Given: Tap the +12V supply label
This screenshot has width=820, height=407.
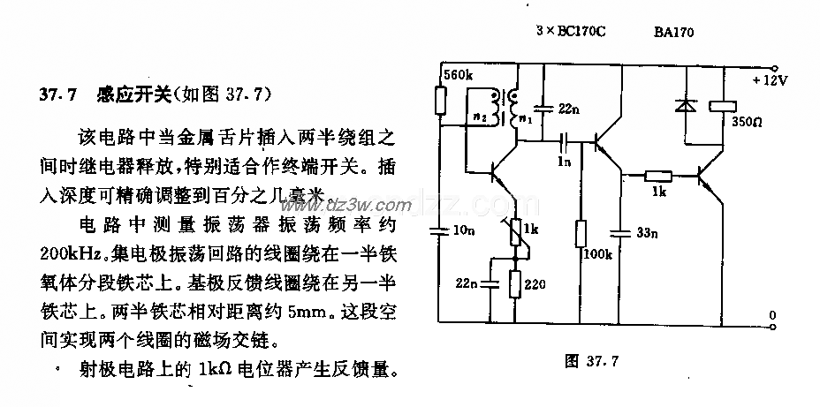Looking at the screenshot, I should coord(770,80).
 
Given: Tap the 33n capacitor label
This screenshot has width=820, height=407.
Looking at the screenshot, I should coord(648,233).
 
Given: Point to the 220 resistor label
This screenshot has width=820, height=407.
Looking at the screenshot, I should coord(535,283).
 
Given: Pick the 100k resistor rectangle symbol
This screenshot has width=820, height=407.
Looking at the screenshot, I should coord(580,234).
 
